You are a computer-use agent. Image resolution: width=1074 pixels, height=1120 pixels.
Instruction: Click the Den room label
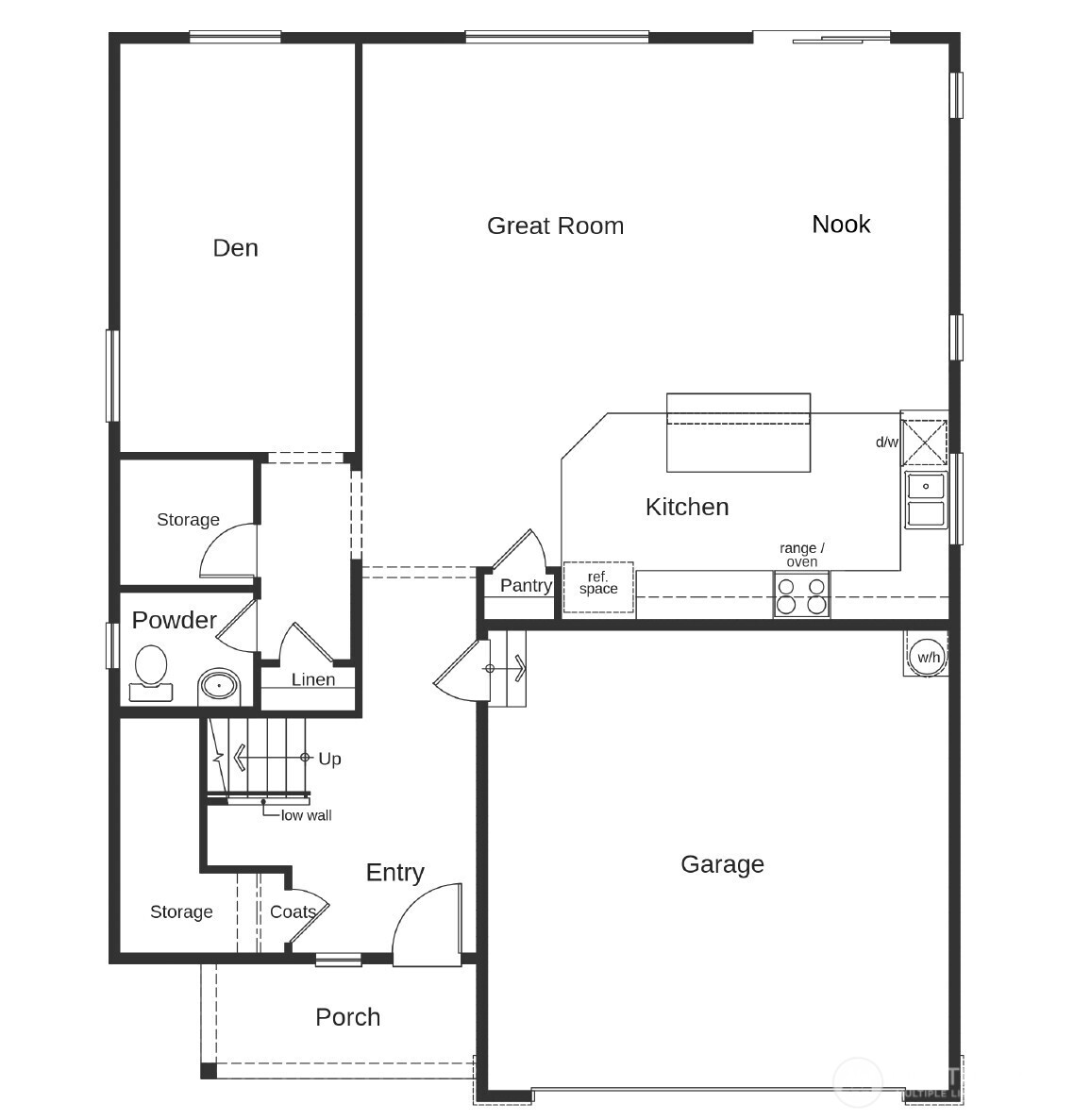click(x=235, y=248)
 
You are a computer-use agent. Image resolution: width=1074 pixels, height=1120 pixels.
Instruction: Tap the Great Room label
click(x=555, y=226)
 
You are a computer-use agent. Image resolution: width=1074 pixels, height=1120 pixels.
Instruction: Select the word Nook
click(x=841, y=224)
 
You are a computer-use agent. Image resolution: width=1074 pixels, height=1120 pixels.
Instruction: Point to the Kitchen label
click(x=687, y=507)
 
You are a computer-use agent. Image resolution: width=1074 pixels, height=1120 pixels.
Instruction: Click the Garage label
click(x=722, y=864)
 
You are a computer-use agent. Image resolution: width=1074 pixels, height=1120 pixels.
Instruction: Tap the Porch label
click(x=348, y=1017)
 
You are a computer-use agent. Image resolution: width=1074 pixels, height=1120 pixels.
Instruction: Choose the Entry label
click(x=394, y=873)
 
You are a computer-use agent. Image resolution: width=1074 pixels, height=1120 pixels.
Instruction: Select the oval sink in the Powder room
click(x=220, y=686)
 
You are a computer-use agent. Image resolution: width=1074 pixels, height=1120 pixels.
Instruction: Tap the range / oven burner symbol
click(x=801, y=595)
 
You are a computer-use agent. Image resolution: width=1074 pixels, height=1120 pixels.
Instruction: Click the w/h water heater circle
click(x=928, y=657)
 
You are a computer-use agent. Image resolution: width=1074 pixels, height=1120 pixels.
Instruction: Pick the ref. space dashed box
click(x=598, y=587)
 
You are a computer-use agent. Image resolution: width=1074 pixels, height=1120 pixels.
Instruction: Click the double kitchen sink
click(x=926, y=500)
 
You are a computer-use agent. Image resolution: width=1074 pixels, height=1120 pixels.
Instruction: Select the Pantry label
click(x=526, y=586)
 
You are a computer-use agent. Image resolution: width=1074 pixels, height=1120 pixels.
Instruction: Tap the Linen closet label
click(x=312, y=679)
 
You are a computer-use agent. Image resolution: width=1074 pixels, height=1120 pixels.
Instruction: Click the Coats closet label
click(x=293, y=912)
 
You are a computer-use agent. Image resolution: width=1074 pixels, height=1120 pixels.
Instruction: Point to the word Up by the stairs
click(x=329, y=759)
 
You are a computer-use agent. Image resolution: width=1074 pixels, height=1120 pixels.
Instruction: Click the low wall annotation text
click(x=306, y=815)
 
